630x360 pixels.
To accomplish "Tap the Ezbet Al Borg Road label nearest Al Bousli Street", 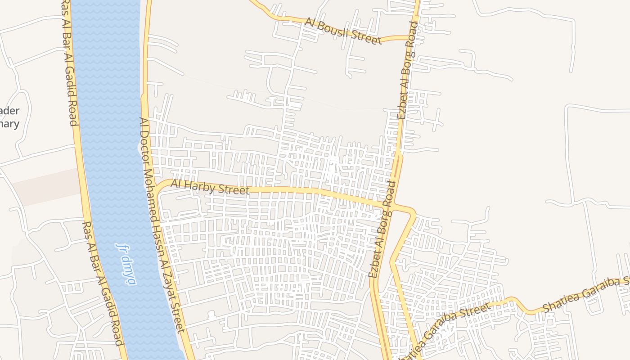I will click(x=407, y=70).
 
